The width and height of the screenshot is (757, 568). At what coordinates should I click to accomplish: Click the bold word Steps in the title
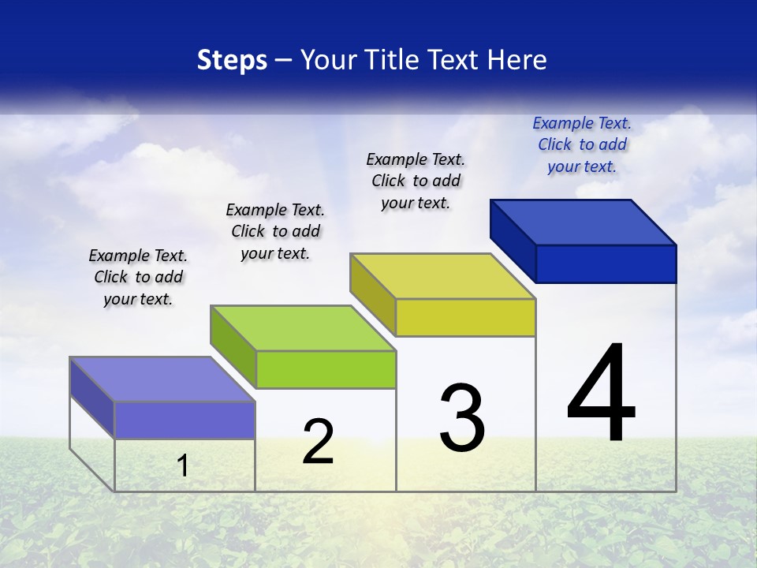pos(232,60)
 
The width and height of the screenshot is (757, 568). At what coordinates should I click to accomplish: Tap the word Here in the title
pos(516,60)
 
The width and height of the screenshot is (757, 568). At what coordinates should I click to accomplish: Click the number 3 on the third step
pos(462,418)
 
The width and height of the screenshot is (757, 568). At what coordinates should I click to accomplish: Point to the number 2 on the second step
pos(319,442)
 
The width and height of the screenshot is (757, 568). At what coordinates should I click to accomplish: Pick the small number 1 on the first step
pos(183,465)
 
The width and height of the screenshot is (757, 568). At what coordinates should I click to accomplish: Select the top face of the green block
pos(303,328)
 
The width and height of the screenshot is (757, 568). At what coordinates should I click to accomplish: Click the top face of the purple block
pos(162,379)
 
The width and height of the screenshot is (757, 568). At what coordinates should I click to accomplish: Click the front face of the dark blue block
pos(606,263)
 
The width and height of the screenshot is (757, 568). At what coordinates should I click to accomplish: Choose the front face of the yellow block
pos(465,317)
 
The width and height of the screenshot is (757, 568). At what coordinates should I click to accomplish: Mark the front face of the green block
pos(326,369)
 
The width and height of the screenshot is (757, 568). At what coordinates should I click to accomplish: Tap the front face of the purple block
pos(185,420)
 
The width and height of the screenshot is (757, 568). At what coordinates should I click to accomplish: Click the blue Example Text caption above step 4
pos(582,144)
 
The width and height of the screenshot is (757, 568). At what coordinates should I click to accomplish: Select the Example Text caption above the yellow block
pos(416,181)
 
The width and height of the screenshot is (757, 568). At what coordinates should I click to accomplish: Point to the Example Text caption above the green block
pos(275,231)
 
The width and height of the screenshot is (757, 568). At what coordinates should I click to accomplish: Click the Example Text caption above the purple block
pos(138,277)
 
